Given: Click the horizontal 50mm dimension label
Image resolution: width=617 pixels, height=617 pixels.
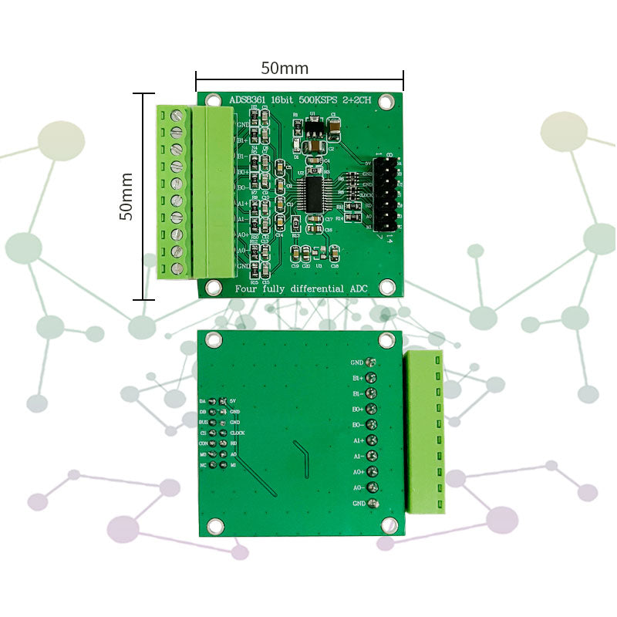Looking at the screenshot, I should click(x=284, y=68).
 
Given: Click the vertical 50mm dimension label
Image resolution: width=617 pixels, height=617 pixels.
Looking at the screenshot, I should click(x=126, y=196).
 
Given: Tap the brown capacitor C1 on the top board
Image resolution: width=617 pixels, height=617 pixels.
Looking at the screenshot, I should click(x=335, y=123).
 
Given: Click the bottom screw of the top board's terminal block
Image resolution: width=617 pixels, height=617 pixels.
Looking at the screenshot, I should click(x=177, y=268).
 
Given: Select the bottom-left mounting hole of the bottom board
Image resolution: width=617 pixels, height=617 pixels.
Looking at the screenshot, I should click(x=215, y=526).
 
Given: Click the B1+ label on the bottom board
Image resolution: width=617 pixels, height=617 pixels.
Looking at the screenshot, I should click(x=358, y=378).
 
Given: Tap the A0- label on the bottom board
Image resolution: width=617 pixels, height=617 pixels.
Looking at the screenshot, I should click(x=358, y=487).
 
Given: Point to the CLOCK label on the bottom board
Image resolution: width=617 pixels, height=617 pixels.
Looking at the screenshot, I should click(x=238, y=433).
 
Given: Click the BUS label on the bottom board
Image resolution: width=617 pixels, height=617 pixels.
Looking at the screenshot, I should click(x=203, y=423).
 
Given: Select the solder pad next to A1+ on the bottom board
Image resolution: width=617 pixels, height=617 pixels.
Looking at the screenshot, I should click(x=371, y=440).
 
